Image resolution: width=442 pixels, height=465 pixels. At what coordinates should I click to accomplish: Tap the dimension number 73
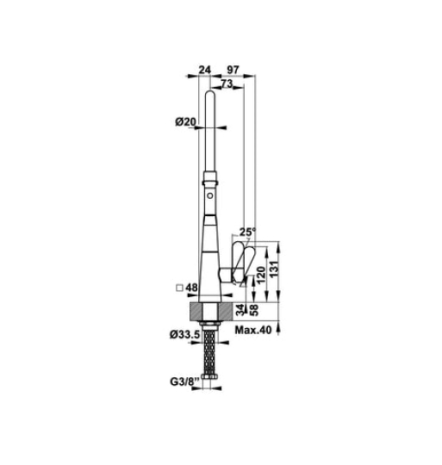pyautogui.click(x=226, y=84)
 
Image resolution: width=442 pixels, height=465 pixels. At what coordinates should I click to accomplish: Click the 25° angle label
pyautogui.click(x=247, y=232)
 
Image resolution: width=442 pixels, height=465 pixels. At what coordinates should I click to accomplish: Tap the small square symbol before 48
pyautogui.click(x=178, y=289)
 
